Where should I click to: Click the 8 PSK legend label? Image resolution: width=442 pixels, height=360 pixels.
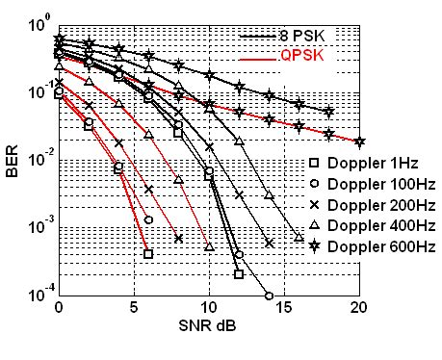click(302, 36)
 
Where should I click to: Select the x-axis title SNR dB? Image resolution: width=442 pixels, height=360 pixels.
click(206, 326)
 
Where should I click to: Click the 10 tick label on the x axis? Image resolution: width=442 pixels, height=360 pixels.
click(209, 309)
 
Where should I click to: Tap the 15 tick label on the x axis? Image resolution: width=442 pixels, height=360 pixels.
click(284, 309)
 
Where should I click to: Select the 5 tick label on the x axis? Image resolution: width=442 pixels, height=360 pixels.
click(134, 309)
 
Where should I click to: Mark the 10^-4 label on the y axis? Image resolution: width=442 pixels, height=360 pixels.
click(39, 295)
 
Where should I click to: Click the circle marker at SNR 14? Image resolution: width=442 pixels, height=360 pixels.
click(269, 296)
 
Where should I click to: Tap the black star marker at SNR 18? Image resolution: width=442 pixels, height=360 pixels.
click(329, 113)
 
